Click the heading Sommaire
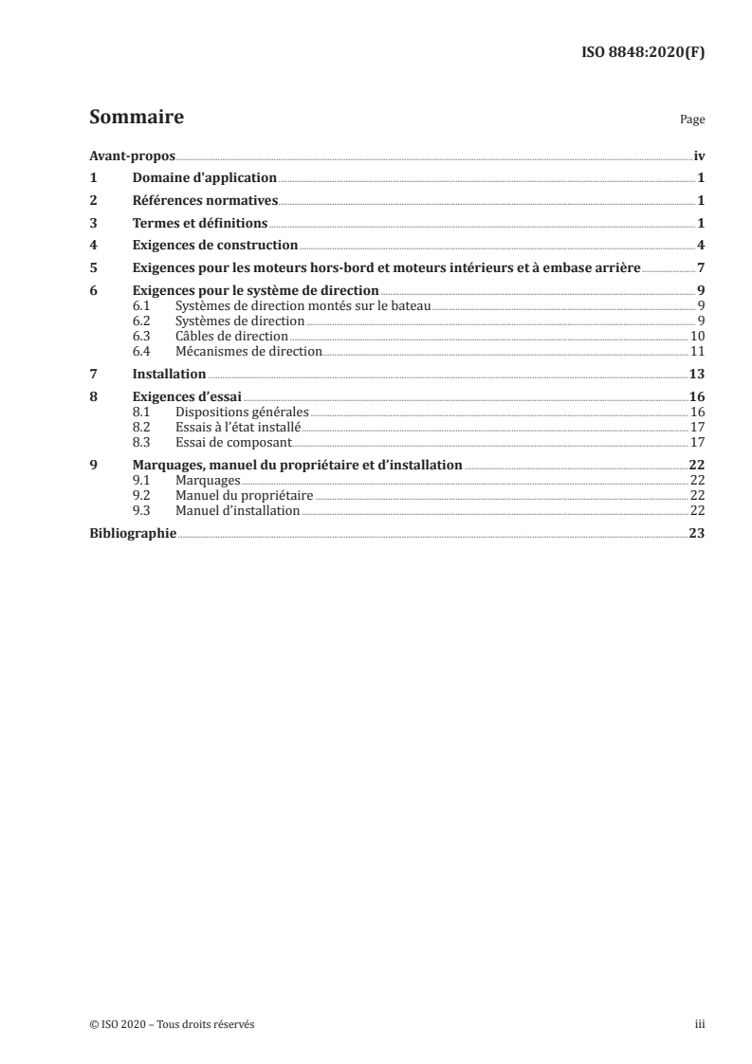[136, 118]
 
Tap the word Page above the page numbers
[692, 121]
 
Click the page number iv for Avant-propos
[699, 156]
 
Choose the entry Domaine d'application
[204, 178]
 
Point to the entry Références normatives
[205, 201]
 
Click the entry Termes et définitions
[200, 224]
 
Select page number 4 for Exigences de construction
[701, 247]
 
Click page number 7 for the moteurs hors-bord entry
[701, 268]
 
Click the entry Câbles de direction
[230, 337]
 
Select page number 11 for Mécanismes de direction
[697, 352]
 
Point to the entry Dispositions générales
[243, 412]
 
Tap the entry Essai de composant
[233, 442]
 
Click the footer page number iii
[700, 1024]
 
